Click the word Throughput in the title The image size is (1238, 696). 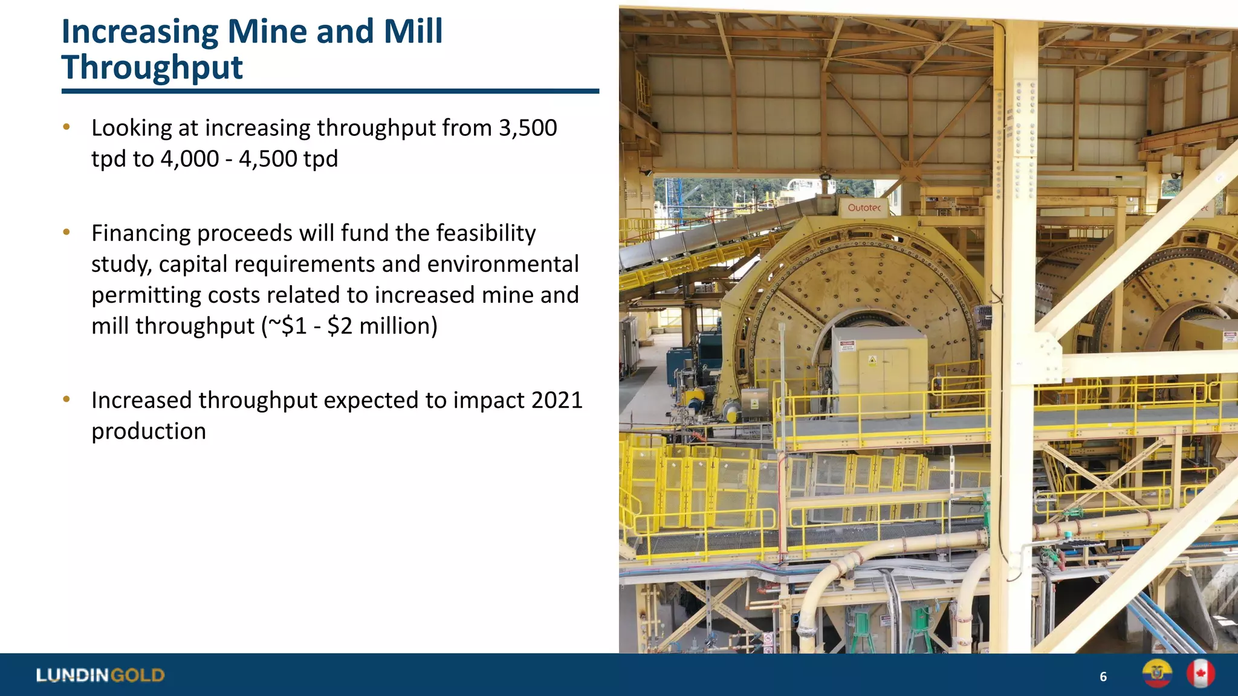pos(152,68)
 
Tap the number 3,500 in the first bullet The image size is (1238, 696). pos(527,128)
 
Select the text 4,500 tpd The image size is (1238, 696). pos(288,159)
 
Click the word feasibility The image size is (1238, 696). pos(485,233)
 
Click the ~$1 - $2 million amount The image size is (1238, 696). pos(349,326)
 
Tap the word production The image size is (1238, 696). pos(149,431)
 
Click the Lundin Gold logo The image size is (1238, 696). pos(100,675)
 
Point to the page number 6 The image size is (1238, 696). pos(1103,677)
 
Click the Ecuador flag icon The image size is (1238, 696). pos(1157,674)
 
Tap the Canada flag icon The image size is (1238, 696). pos(1201,674)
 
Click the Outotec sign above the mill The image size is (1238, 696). pos(864,208)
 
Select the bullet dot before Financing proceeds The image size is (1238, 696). pos(66,232)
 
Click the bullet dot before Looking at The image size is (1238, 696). pos(66,127)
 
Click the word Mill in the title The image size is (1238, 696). pos(413,31)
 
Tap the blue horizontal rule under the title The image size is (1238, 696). pos(330,91)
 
